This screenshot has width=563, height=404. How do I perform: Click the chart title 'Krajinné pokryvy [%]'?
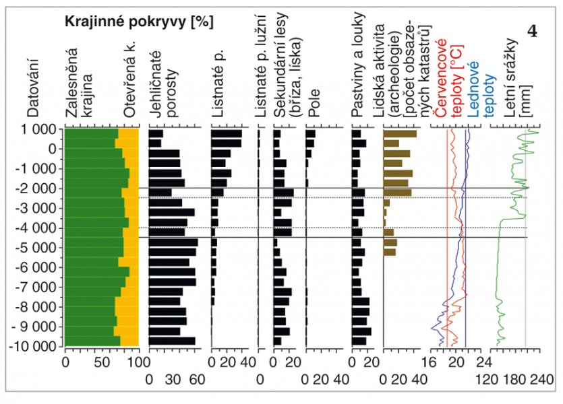pos(138,22)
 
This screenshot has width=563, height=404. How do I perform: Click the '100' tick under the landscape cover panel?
pos(136,362)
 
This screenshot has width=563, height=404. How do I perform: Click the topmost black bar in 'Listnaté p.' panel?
pos(226,134)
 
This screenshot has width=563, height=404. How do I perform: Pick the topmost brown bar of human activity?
pos(400,134)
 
